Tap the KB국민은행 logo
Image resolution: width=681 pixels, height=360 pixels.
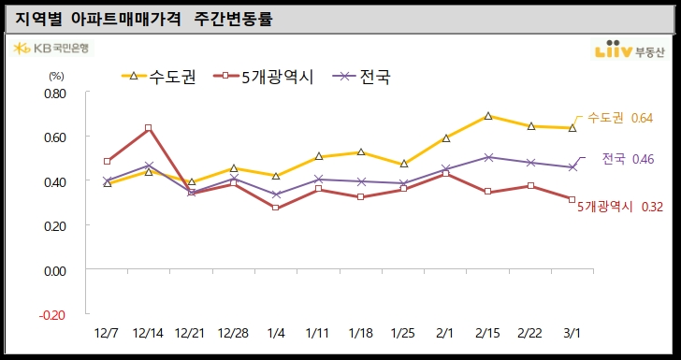pyautogui.click(x=52, y=49)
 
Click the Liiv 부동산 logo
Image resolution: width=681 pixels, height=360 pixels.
pyautogui.click(x=630, y=50)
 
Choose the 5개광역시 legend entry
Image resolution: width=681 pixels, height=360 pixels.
pyautogui.click(x=267, y=78)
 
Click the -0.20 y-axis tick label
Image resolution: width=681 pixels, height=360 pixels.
pyautogui.click(x=53, y=314)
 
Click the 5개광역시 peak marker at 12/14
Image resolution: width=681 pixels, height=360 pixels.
pyautogui.click(x=149, y=128)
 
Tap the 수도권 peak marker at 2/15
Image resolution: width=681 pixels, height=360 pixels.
pyautogui.click(x=488, y=116)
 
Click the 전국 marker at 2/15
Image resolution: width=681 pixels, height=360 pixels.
pyautogui.click(x=488, y=157)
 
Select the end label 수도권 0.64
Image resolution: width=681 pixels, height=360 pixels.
pyautogui.click(x=619, y=118)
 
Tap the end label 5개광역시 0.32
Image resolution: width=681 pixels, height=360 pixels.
pyautogui.click(x=619, y=206)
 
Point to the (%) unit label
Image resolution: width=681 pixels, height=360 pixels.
pyautogui.click(x=55, y=76)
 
